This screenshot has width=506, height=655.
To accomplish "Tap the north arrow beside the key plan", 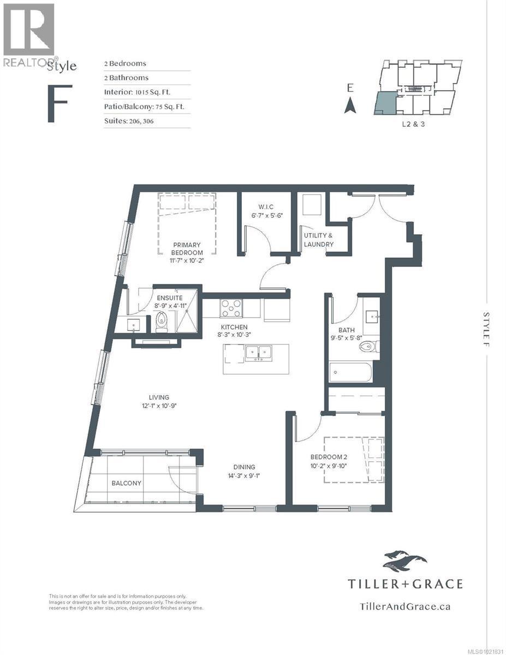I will (x=350, y=105).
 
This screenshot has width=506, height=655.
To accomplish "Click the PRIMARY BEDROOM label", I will (x=187, y=249).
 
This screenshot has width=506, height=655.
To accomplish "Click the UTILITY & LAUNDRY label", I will (x=318, y=240).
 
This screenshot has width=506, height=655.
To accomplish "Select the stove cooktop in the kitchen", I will (x=231, y=308).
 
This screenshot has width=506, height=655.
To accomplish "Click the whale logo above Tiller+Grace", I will (x=404, y=560).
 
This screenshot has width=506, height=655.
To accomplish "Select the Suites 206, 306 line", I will (x=129, y=121).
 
